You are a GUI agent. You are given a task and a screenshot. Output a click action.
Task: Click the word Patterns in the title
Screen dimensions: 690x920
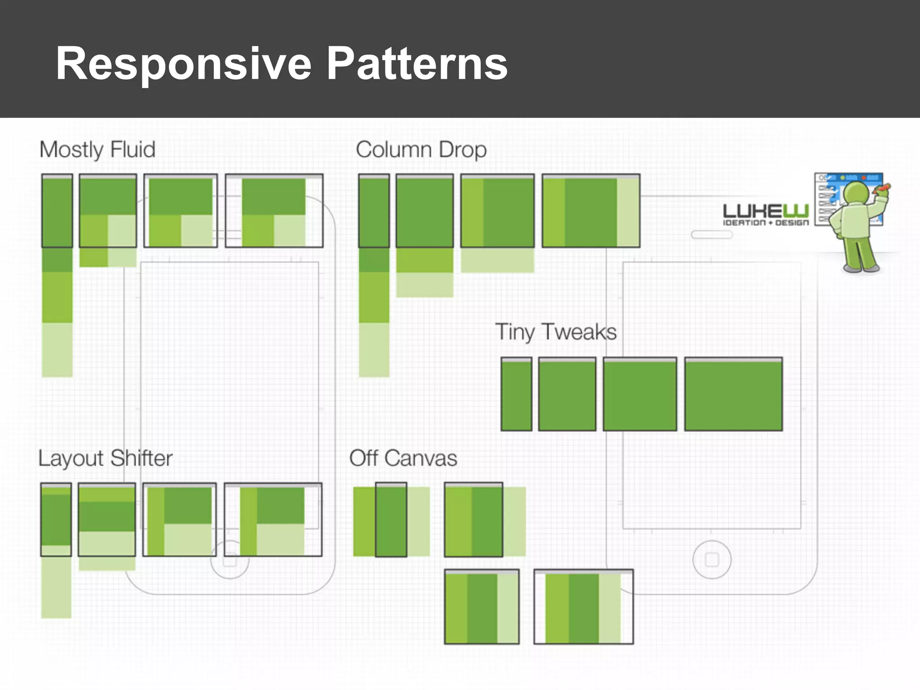point(417,64)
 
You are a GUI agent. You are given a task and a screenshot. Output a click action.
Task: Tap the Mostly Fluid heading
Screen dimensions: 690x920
point(97,150)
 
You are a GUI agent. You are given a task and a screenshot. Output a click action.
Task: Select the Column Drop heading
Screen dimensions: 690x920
point(421,150)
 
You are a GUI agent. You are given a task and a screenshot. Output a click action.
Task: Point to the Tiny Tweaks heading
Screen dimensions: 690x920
point(556,332)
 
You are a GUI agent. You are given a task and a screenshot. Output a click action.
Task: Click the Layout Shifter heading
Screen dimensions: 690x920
point(106,458)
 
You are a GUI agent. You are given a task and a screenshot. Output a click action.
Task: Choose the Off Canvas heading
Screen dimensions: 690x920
point(403,458)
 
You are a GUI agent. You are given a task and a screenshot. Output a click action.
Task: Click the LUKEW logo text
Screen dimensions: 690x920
point(765,211)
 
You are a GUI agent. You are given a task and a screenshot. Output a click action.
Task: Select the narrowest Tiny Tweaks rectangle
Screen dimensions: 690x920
point(516,394)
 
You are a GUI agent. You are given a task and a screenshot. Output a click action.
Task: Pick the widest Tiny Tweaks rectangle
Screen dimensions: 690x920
point(733,394)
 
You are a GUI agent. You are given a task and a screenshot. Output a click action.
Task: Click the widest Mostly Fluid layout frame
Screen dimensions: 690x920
point(274,211)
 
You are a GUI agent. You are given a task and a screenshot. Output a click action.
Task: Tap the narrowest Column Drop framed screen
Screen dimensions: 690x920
point(374,211)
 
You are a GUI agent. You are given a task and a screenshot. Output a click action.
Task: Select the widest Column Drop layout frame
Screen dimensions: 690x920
point(591,211)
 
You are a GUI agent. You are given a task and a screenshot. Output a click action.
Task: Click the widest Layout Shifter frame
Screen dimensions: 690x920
point(273,520)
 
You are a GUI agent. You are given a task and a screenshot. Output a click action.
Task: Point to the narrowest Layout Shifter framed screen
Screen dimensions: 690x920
point(56,520)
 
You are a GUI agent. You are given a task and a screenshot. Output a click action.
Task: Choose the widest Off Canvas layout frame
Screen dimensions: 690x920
point(584,606)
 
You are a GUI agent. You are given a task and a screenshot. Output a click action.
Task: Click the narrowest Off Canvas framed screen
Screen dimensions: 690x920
point(391,520)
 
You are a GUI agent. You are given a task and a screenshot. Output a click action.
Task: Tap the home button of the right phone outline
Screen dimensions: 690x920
point(712,560)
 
